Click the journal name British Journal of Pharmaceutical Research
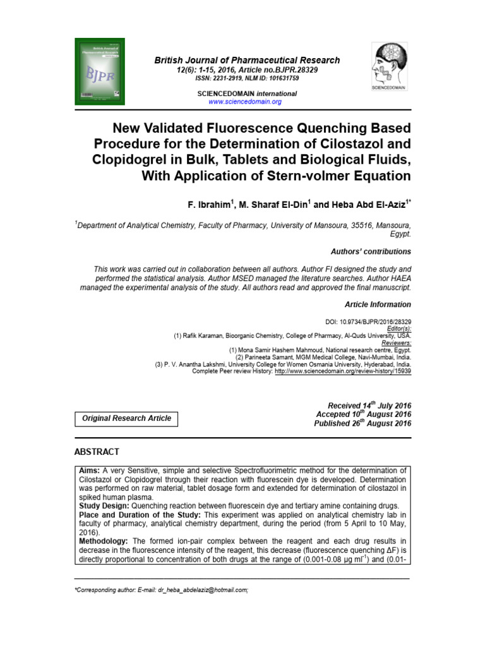pos(248,60)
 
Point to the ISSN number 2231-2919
pos(237,78)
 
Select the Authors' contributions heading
pos(371,251)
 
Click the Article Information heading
pos(378,305)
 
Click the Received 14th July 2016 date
pos(369,405)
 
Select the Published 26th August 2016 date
pos(362,423)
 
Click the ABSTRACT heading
pos(97,452)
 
